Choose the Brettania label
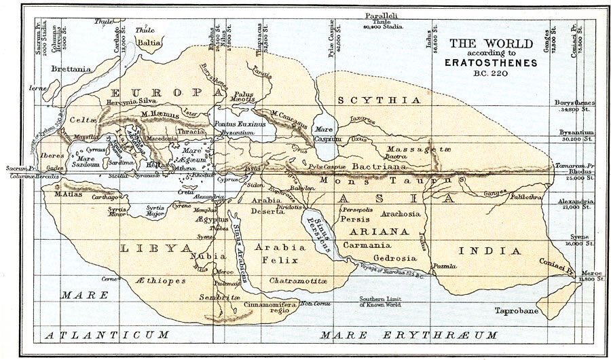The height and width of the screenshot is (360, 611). pos(73,69)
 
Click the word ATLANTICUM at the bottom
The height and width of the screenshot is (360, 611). pos(105,336)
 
